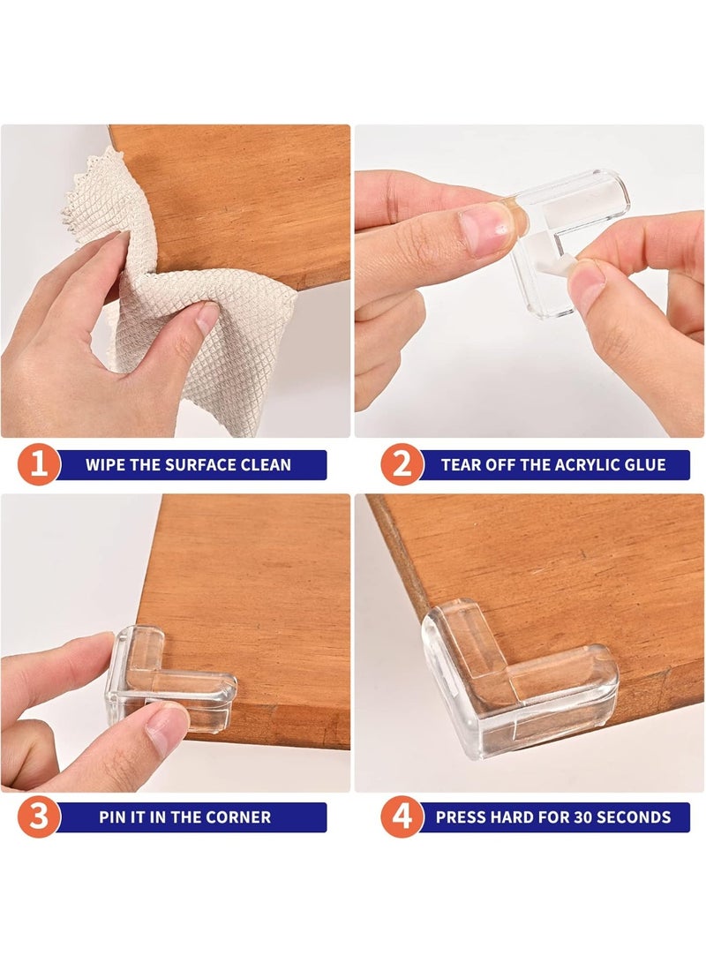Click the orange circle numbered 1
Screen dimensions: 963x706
coord(39,465)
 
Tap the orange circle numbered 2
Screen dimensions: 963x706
coord(402,465)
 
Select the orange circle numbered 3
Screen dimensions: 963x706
coord(39,817)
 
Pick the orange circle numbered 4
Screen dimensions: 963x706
coord(402,817)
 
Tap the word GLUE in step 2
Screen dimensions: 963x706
coord(646,465)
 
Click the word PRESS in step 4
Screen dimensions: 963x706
coord(461,817)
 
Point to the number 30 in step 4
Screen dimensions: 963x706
coord(573,817)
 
